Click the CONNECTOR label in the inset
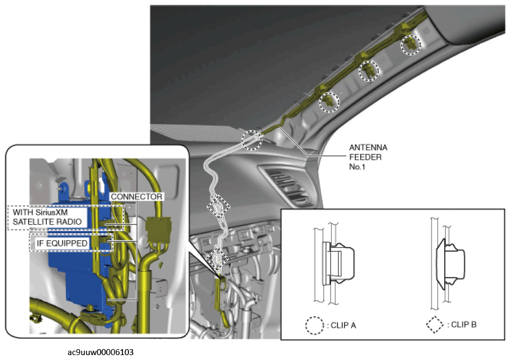(137, 197)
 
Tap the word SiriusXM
(52, 213)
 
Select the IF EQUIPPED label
(62, 244)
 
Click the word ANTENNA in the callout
(368, 147)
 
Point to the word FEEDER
(365, 157)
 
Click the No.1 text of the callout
(357, 167)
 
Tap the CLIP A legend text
(343, 325)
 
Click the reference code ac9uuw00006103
(100, 352)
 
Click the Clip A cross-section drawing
(334, 263)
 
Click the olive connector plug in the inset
(159, 229)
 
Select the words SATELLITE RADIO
(47, 222)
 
